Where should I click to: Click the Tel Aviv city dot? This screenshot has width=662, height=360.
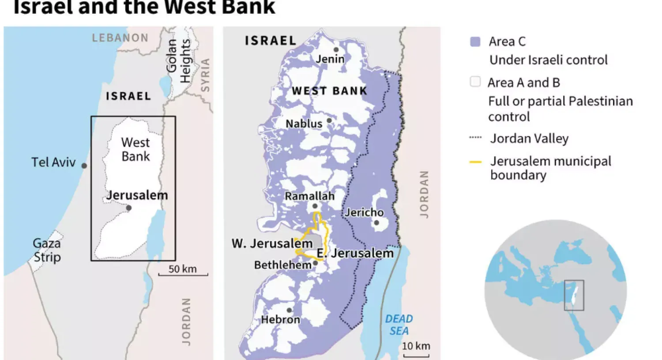point(84,166)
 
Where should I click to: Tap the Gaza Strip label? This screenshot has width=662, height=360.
point(47,250)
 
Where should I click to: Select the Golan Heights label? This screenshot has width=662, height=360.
point(178,61)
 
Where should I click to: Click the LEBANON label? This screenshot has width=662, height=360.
point(120,38)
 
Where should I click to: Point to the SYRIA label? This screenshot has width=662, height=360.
point(205,75)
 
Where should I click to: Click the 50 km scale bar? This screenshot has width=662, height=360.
point(183,274)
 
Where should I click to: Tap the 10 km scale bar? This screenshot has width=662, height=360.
point(416,355)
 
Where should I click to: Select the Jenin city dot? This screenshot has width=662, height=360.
point(336,50)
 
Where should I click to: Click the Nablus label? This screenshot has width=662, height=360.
point(304,124)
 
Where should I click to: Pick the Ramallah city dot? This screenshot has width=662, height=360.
point(315,206)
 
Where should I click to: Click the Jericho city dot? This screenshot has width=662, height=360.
point(376,223)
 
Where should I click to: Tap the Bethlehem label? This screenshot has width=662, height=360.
point(282,265)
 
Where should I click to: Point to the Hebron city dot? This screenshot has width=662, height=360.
point(289,311)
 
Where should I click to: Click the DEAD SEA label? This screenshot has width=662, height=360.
point(399,325)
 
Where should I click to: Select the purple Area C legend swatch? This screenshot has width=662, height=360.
point(475,42)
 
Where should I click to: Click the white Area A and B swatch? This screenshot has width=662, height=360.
point(475,82)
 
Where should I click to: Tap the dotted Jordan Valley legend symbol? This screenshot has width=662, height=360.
point(475,138)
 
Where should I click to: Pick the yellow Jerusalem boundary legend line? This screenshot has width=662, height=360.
point(475,162)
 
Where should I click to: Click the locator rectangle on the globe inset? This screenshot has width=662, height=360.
point(574,295)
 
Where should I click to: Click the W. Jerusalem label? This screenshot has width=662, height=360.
point(272,244)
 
